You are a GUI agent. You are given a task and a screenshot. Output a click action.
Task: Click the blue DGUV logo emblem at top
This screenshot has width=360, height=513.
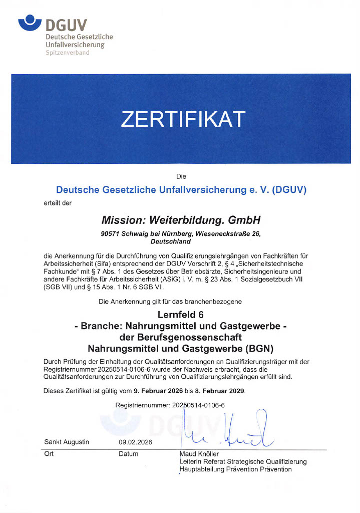tap(30, 22)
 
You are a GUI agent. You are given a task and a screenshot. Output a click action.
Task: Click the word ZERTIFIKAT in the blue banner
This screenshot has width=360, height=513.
tap(183, 119)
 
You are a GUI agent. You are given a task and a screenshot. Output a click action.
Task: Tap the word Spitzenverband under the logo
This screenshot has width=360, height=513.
tap(67, 53)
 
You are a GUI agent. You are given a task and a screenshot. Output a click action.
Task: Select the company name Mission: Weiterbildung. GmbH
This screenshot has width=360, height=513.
tap(181, 220)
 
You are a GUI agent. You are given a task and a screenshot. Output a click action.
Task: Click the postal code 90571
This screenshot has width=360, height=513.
tap(110, 233)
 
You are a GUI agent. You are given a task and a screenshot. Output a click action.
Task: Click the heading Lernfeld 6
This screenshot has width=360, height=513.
tap(180, 315)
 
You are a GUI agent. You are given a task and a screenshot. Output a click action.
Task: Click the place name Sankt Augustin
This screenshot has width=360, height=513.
tap(67, 442)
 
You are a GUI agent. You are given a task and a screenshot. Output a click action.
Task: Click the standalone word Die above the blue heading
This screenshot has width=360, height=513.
tap(181, 176)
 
